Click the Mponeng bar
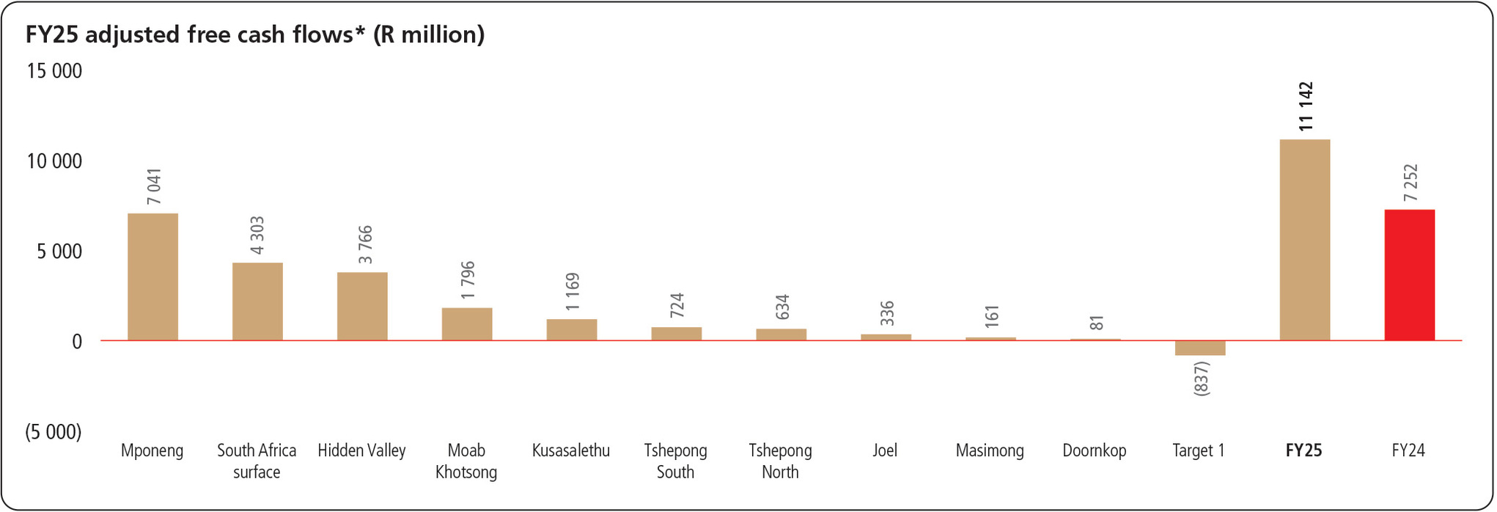pyautogui.click(x=152, y=277)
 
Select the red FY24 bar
pyautogui.click(x=1409, y=275)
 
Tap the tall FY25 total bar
pyautogui.click(x=1304, y=240)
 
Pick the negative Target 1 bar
pyautogui.click(x=1200, y=348)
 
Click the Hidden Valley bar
pyautogui.click(x=362, y=306)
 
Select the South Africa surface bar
pyautogui.click(x=257, y=301)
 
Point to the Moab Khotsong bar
pyautogui.click(x=467, y=323)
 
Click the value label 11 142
pyautogui.click(x=1306, y=107)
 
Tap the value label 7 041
pyautogui.click(x=154, y=187)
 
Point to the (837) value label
pyautogui.click(x=1202, y=378)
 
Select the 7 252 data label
pyautogui.click(x=1410, y=183)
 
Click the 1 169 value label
pyautogui.click(x=573, y=291)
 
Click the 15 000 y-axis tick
pyautogui.click(x=54, y=71)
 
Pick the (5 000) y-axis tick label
pyautogui.click(x=54, y=432)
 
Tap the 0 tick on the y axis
pyautogui.click(x=76, y=342)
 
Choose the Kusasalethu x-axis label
pyautogui.click(x=571, y=450)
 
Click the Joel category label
pyautogui.click(x=885, y=450)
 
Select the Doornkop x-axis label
pyautogui.click(x=1095, y=450)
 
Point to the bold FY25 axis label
pyautogui.click(x=1303, y=450)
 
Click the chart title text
pyautogui.click(x=255, y=34)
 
